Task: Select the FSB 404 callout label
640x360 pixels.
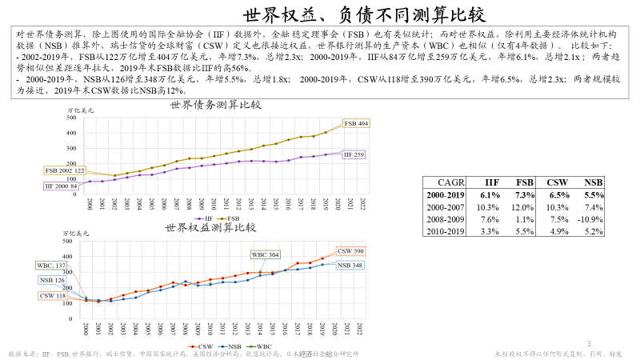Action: click(x=356, y=123)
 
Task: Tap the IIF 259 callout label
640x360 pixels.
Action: click(x=353, y=154)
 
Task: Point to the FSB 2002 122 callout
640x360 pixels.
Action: click(x=65, y=171)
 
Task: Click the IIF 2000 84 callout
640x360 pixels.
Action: click(x=61, y=186)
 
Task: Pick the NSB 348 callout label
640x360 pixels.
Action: click(x=350, y=265)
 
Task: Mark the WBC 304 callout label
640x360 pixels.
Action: click(x=266, y=254)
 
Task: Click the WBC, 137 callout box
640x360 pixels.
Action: click(x=51, y=265)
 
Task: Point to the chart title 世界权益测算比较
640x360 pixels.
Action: click(x=209, y=227)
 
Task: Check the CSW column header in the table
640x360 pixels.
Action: click(x=557, y=182)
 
